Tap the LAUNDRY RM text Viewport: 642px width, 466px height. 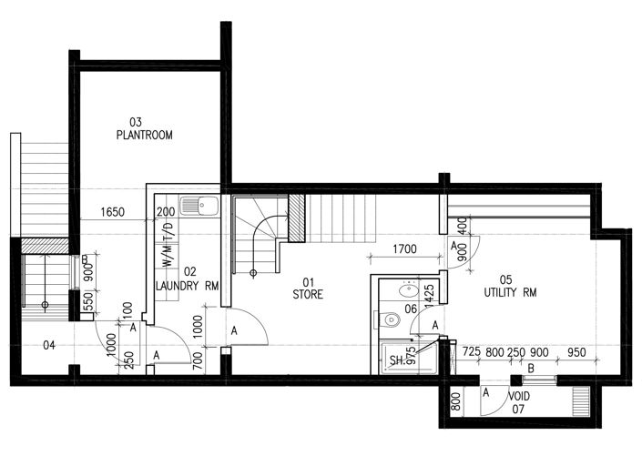pos(188,286)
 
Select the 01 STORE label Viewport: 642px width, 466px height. pos(307,289)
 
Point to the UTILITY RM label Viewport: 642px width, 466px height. pos(508,293)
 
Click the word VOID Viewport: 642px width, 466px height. pos(519,397)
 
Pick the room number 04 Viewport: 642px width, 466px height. pos(48,344)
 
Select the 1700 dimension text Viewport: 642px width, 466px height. pos(405,248)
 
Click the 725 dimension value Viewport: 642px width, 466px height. pos(471,351)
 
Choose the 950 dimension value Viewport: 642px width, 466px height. pos(575,351)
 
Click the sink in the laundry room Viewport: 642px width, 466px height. pos(199,206)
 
